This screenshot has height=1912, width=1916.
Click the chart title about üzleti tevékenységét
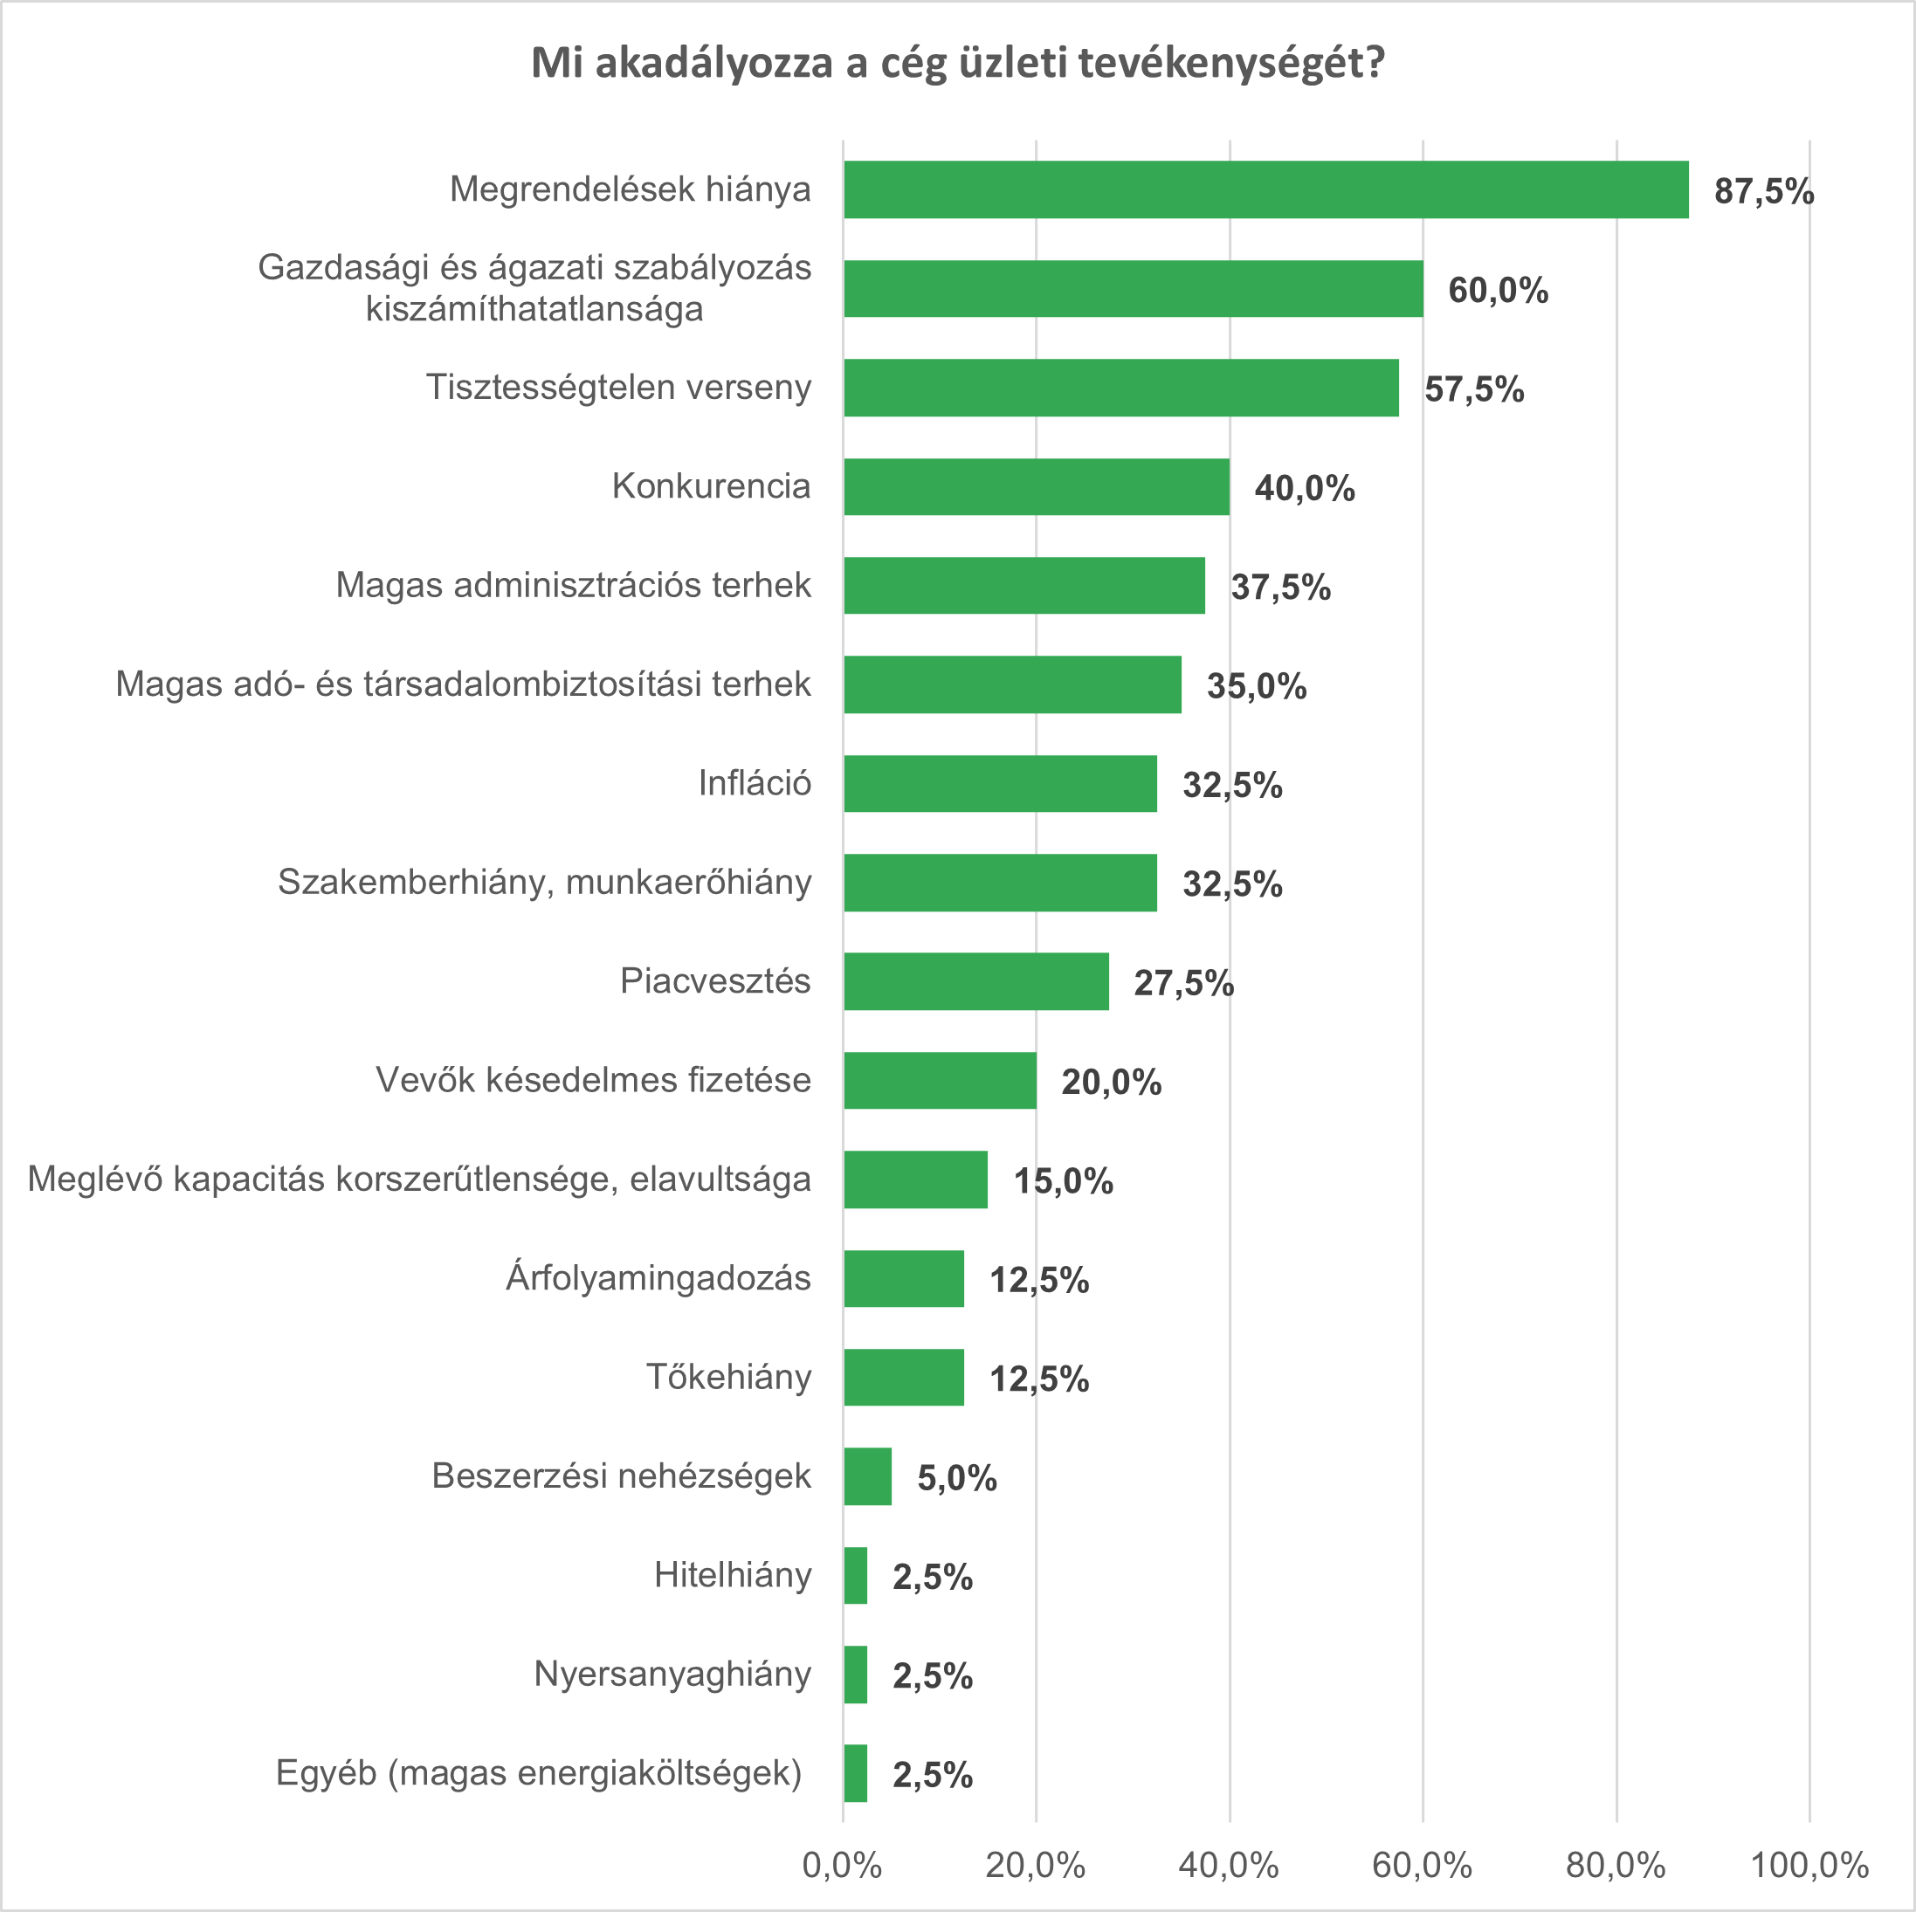(x=957, y=64)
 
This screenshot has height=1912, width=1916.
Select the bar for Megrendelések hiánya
(x=1265, y=189)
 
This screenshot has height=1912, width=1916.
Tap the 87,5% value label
(x=1763, y=191)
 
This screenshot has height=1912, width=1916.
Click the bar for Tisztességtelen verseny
(x=1120, y=388)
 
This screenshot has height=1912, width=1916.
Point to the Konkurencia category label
(x=711, y=486)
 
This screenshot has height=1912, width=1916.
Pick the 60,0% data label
(x=1498, y=291)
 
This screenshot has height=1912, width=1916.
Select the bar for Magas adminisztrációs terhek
(x=1024, y=585)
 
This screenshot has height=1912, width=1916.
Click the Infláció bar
(x=1000, y=783)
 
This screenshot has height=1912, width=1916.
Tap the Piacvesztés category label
(x=715, y=980)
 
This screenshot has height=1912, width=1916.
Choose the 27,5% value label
(x=1183, y=983)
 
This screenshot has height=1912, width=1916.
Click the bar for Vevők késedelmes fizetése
(x=939, y=1080)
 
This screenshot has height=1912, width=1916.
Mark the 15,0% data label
(x=1062, y=1181)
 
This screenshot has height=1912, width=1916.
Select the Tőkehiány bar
(x=904, y=1378)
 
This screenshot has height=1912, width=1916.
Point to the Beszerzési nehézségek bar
(x=867, y=1476)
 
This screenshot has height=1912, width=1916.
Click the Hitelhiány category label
(x=732, y=1575)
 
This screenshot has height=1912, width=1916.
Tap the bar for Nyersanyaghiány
(x=855, y=1675)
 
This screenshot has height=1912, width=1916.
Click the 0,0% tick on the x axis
(x=842, y=1866)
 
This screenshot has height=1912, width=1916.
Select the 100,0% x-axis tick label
(x=1809, y=1866)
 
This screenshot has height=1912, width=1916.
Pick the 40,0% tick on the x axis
(x=1229, y=1866)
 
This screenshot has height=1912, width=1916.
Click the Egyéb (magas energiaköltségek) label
(x=539, y=1772)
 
